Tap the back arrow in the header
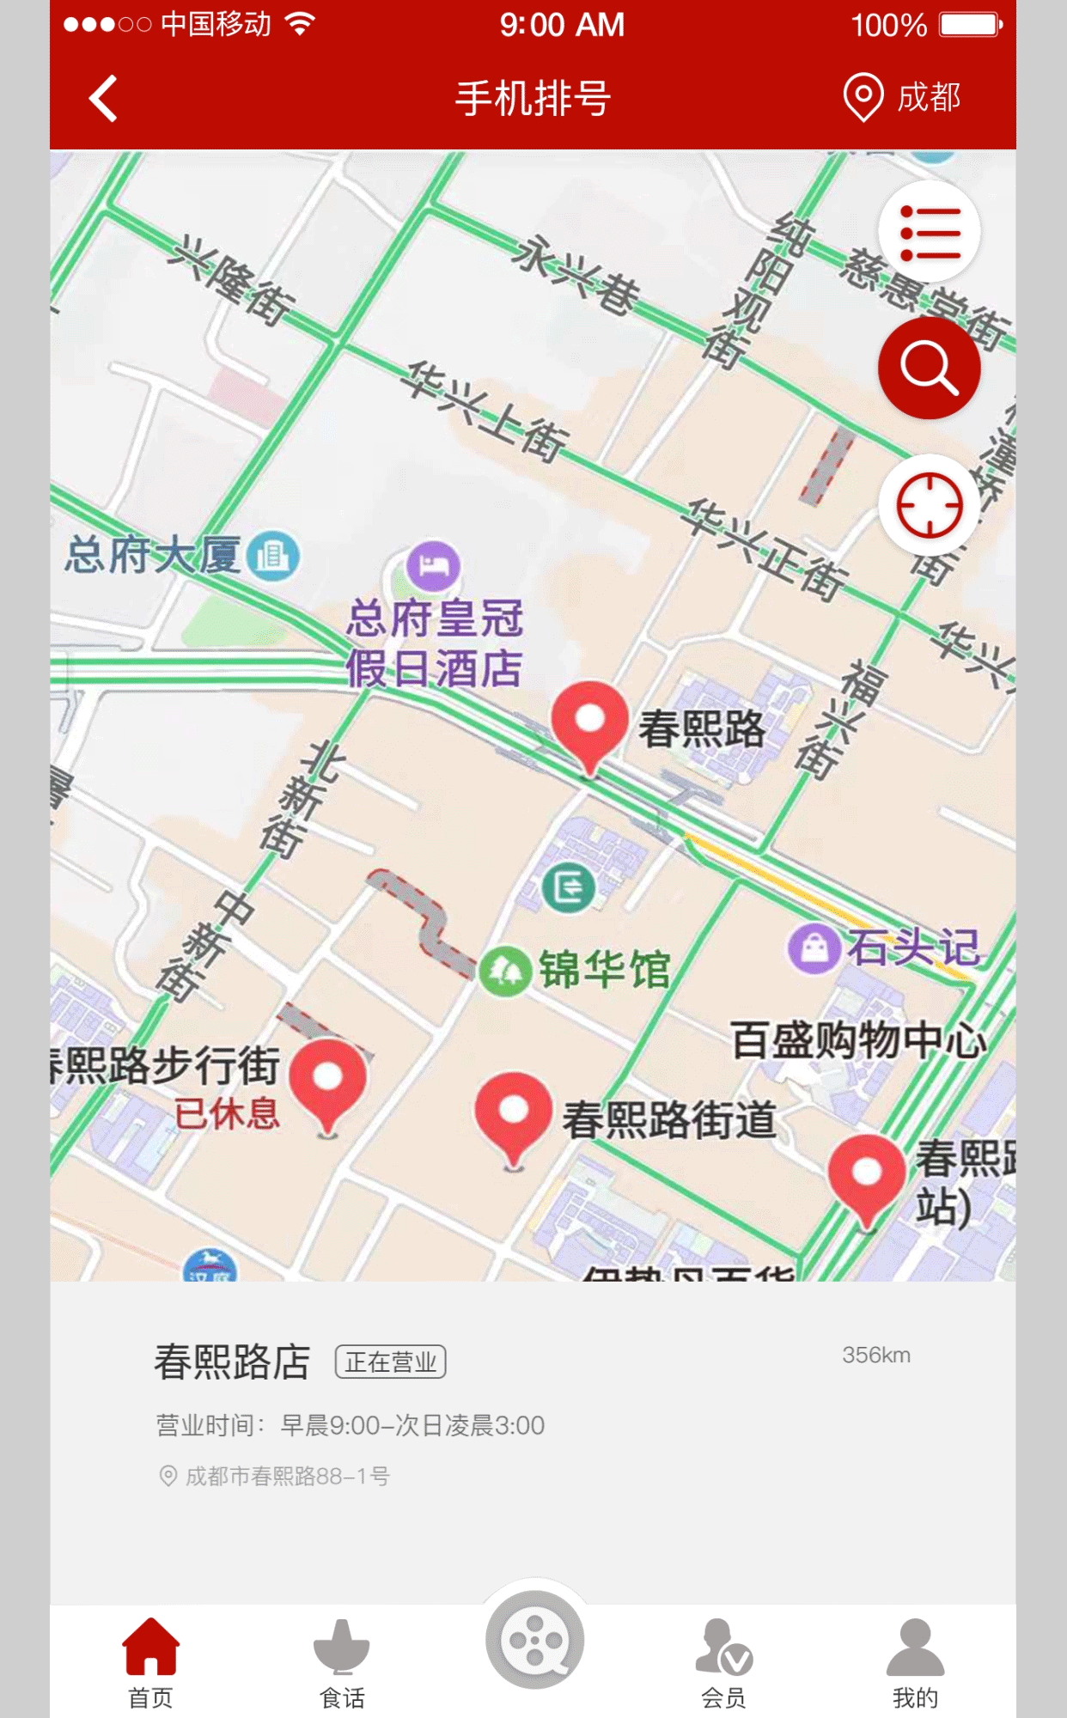point(103,99)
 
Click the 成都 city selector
point(902,98)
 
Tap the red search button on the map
point(929,368)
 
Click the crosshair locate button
point(929,505)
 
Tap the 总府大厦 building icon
point(273,556)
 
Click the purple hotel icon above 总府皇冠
point(434,566)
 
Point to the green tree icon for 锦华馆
point(504,971)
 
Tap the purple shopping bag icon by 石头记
point(814,948)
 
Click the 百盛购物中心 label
point(857,1040)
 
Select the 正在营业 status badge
point(390,1362)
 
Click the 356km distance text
point(875,1355)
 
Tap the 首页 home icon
point(151,1648)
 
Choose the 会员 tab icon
point(723,1648)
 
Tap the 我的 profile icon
point(915,1648)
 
